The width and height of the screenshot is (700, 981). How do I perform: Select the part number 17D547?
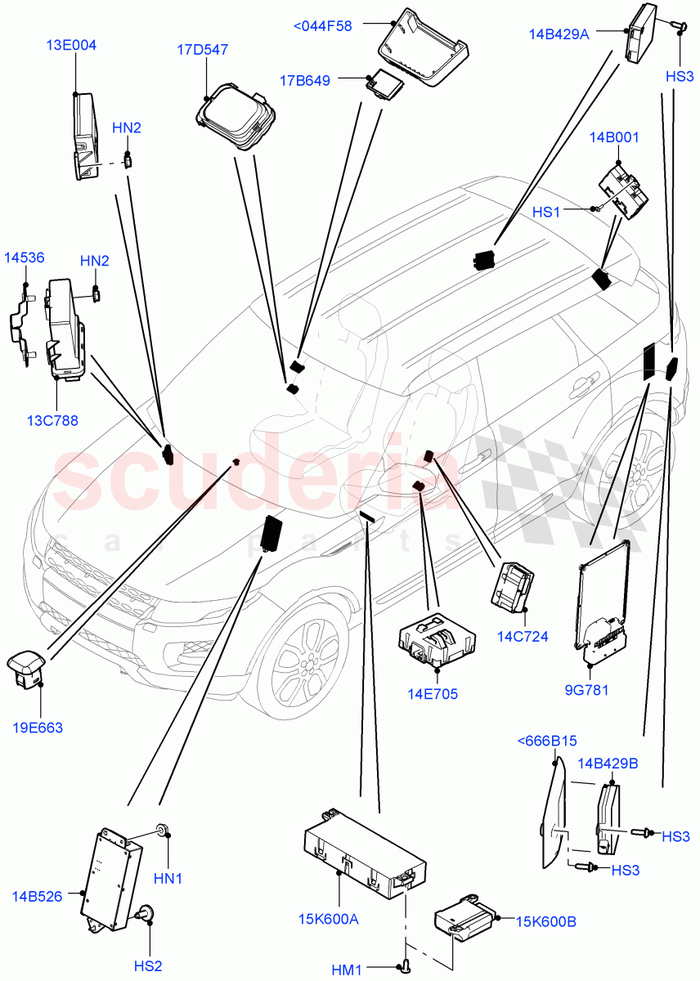click(202, 50)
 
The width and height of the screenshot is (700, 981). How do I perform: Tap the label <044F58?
click(322, 26)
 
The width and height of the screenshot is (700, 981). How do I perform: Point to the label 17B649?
click(304, 80)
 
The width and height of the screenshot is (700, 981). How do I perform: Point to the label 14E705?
click(433, 695)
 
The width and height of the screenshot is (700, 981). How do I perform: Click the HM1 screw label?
click(347, 970)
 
